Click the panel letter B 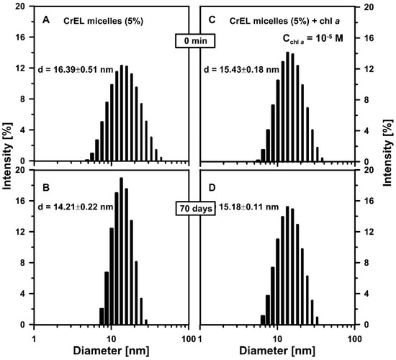[x=45, y=184]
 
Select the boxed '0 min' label [x=194, y=43]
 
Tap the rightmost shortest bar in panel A [x=161, y=159]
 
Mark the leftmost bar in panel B [x=102, y=318]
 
